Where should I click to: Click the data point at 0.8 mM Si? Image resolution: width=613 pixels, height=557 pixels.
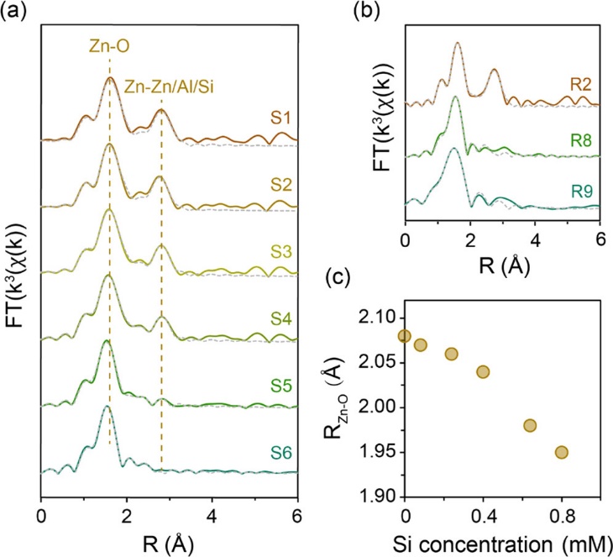(x=562, y=452)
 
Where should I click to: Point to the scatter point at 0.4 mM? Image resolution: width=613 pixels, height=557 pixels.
(x=483, y=371)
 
